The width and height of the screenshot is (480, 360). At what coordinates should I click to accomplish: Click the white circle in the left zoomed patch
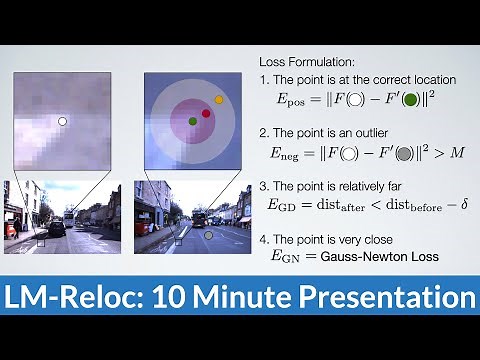(x=62, y=121)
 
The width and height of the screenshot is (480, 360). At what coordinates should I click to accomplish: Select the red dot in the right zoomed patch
(x=206, y=114)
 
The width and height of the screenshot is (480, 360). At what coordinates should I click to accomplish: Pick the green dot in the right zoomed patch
(x=192, y=121)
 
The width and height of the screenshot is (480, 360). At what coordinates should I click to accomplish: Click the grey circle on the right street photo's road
(x=208, y=237)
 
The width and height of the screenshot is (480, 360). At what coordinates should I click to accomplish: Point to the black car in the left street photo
(x=58, y=227)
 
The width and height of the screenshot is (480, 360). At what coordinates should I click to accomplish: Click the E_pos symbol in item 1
(x=290, y=102)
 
